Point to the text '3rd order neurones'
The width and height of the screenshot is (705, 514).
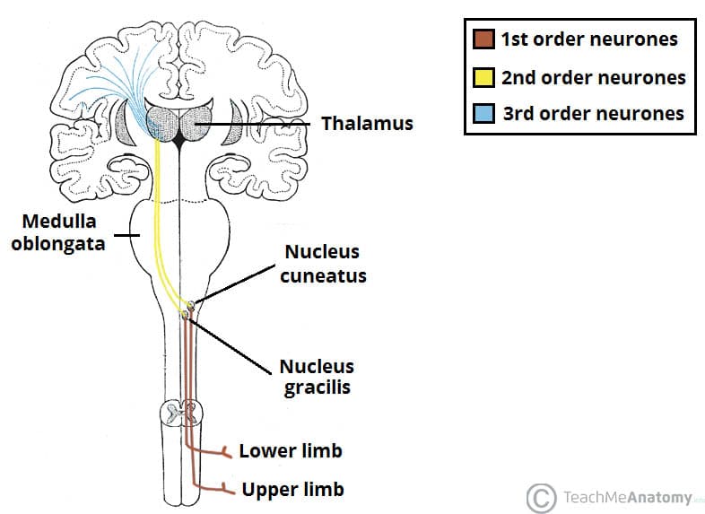(593, 113)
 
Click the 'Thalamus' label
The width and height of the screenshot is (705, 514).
(368, 123)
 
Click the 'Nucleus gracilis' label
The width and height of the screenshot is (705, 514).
(317, 377)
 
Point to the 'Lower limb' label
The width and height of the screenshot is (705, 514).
(291, 449)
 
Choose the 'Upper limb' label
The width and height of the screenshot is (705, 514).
(292, 490)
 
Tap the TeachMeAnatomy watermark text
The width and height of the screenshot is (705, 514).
(628, 496)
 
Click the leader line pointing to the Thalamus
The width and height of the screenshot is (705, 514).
(260, 123)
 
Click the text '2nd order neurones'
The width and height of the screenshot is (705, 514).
(593, 77)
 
